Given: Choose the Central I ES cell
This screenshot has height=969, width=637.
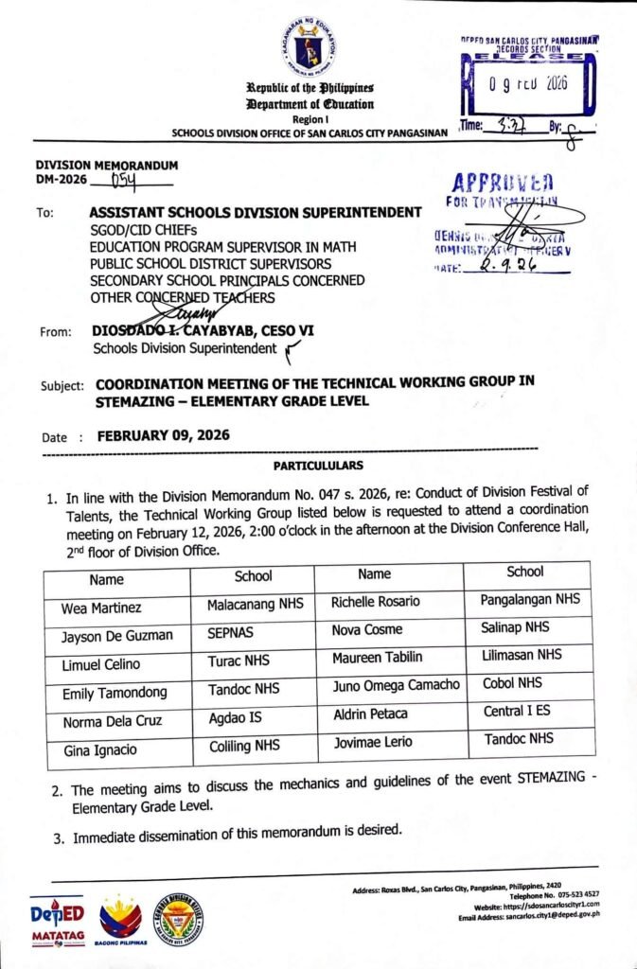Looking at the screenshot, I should (x=517, y=711).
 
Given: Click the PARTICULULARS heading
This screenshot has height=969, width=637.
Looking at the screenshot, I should (x=318, y=467).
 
